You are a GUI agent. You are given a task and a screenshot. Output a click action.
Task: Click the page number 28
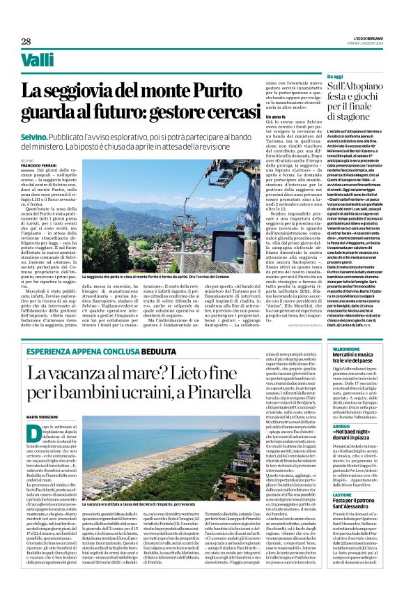(x=26, y=41)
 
